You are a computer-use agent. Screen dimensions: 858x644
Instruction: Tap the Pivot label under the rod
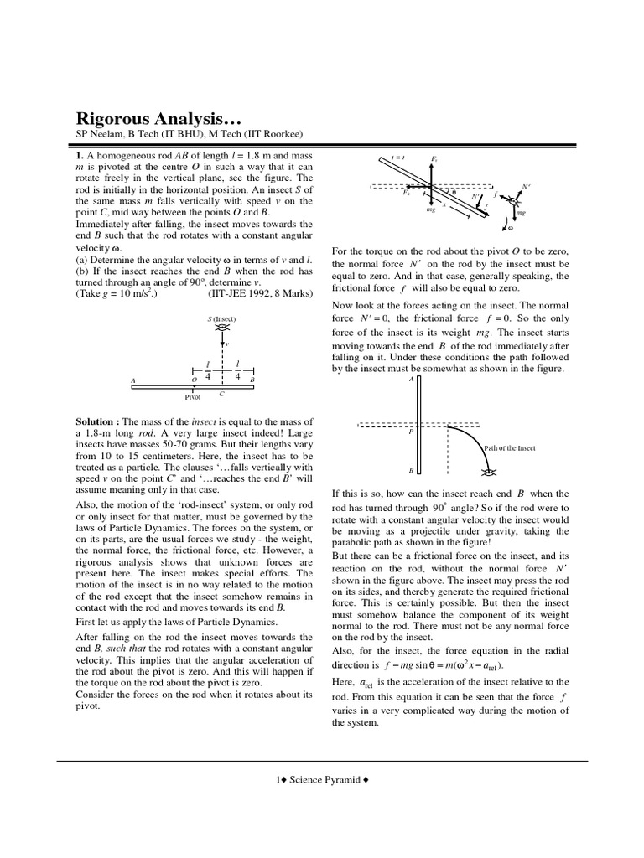pos(193,397)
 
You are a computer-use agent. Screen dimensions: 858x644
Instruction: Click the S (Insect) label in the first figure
pos(221,320)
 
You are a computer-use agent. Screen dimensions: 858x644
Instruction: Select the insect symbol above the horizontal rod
pos(222,330)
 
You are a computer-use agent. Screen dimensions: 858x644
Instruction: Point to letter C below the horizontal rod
pos(221,392)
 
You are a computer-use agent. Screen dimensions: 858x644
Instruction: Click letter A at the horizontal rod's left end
pos(133,380)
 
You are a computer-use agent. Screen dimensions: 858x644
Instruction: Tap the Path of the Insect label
pos(510,448)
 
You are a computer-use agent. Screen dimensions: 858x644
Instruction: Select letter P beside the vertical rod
pos(411,432)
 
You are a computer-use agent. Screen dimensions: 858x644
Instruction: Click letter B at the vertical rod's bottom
pos(411,471)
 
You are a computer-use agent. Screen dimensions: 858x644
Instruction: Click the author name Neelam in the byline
pos(104,135)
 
